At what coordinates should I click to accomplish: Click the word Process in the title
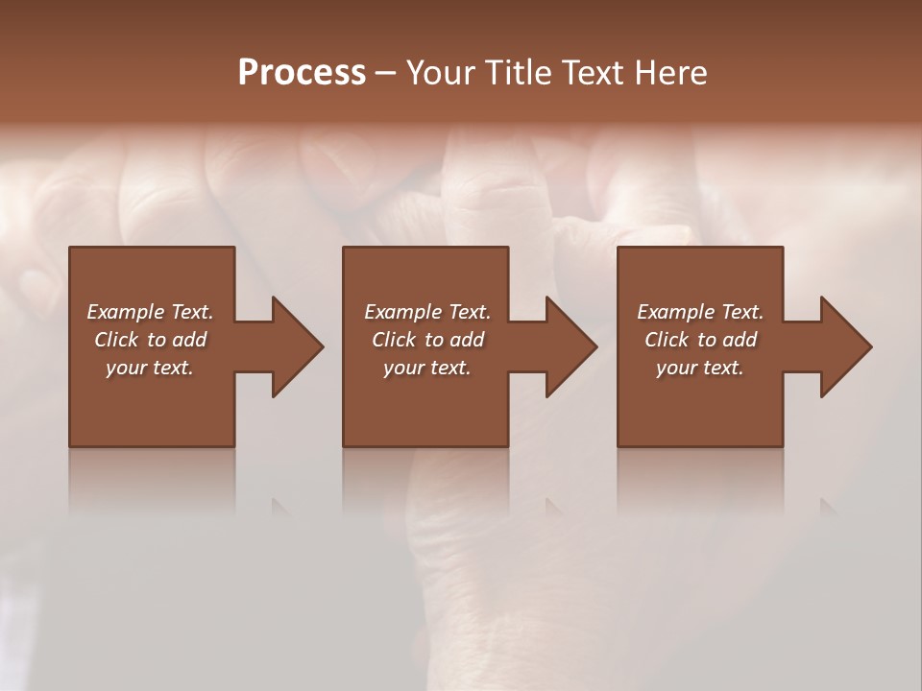point(302,73)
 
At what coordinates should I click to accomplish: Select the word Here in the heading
point(672,73)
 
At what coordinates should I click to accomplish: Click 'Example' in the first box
point(126,312)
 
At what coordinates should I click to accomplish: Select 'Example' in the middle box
point(403,312)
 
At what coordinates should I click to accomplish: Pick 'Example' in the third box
point(676,312)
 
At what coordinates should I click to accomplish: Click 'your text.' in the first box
point(150,368)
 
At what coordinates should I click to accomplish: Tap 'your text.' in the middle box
point(426,368)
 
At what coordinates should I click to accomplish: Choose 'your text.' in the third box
point(700,368)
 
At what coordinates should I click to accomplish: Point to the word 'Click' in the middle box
point(394,340)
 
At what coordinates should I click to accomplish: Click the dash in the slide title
point(386,73)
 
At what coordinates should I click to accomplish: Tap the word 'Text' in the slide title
point(594,73)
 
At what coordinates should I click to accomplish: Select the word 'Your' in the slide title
point(439,73)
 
